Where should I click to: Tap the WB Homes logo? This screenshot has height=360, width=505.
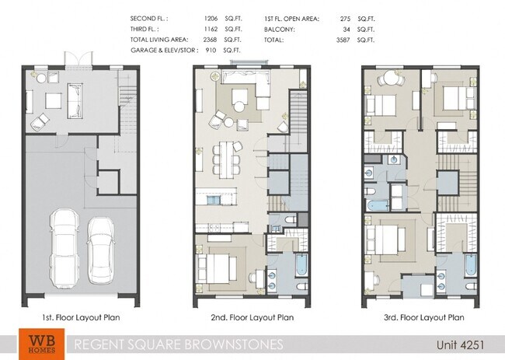click(37, 344)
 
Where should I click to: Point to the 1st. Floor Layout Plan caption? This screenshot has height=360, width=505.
click(81, 317)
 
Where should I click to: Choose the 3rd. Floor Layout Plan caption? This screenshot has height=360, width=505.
click(425, 317)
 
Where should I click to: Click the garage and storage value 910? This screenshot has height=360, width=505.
click(209, 50)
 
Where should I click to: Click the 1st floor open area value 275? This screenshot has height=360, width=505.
click(346, 17)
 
